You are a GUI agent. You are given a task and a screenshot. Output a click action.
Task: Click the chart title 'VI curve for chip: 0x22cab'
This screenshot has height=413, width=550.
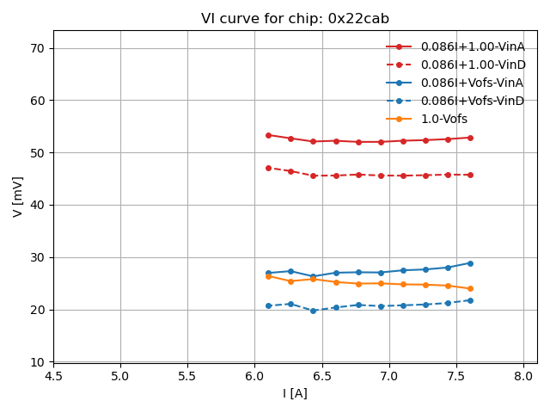pos(295,18)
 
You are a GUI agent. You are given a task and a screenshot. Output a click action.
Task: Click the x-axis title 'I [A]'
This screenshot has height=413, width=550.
pos(295,393)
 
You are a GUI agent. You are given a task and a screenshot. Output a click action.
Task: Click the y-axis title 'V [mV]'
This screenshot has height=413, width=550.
pos(18,197)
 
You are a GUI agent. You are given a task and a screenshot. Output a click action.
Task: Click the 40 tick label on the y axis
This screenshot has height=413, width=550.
pos(39,205)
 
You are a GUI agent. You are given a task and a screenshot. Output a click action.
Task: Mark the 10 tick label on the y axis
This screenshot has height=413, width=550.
pos(39,362)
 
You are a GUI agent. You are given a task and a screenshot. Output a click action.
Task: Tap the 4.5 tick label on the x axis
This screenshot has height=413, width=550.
pos(53,376)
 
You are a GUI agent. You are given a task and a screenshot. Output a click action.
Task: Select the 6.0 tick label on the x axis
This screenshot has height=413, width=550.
pos(254,376)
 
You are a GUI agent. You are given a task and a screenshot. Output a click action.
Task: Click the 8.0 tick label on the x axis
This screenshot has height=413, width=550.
pos(523,376)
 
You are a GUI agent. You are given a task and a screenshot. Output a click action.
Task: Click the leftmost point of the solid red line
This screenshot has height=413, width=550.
pos(268,135)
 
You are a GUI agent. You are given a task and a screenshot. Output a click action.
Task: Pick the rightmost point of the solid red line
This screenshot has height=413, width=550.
pos(470,138)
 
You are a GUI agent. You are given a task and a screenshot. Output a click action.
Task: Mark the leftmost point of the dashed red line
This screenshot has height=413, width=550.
pos(268,168)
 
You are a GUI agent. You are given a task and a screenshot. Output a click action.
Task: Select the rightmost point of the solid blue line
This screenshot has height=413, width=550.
pos(470,263)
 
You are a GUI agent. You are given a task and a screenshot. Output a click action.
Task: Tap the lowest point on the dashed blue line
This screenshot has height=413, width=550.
pos(313,311)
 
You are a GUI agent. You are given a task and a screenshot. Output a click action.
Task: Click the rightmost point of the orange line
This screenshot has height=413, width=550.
pos(470,288)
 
